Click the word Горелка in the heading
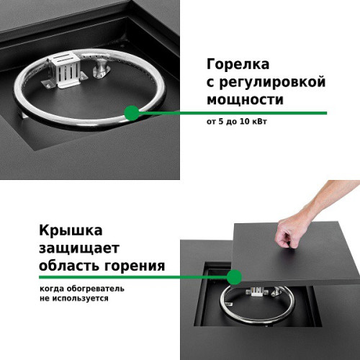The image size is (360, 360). pos(238,64)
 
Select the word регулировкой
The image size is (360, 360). pos(273,83)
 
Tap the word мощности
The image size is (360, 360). pos(245,99)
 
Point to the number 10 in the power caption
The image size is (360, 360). pos(245,122)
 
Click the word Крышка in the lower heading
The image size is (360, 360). pos(71,230)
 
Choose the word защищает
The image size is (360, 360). pos(79,248)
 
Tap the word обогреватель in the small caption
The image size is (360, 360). pos(96,289)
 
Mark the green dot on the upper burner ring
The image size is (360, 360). pos(132,113)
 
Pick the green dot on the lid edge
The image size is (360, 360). pos(234,277)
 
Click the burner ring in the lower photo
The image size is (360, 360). pos(257,321)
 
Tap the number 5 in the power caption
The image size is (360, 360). pos(221,122)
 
